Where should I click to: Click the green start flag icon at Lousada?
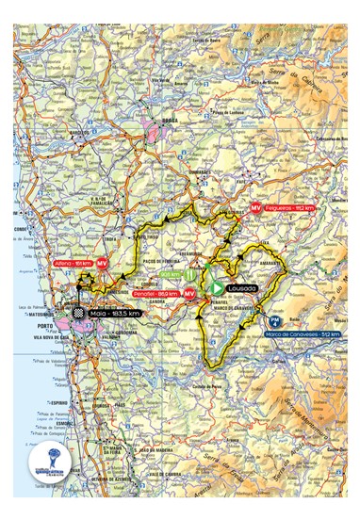pyautogui.click(x=217, y=287)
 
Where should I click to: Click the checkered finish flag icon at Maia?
pyautogui.click(x=82, y=313)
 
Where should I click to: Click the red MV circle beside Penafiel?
pyautogui.click(x=189, y=295)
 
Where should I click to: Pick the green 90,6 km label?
pyautogui.click(x=170, y=275)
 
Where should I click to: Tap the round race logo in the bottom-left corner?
pyautogui.click(x=43, y=461)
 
